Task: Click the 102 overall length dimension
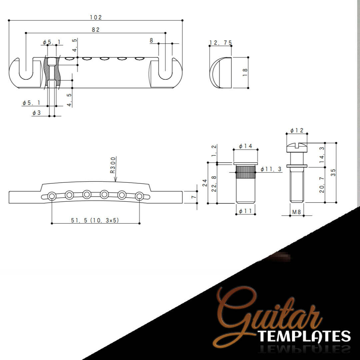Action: (96, 17)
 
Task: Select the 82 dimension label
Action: (96, 30)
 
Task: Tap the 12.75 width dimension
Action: (221, 43)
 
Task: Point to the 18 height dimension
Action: (245, 73)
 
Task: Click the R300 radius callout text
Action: (113, 165)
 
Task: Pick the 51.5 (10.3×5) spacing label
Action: (95, 220)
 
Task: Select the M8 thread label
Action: (296, 212)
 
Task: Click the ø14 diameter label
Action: (245, 146)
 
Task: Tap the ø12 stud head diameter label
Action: (297, 130)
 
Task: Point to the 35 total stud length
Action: (333, 172)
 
